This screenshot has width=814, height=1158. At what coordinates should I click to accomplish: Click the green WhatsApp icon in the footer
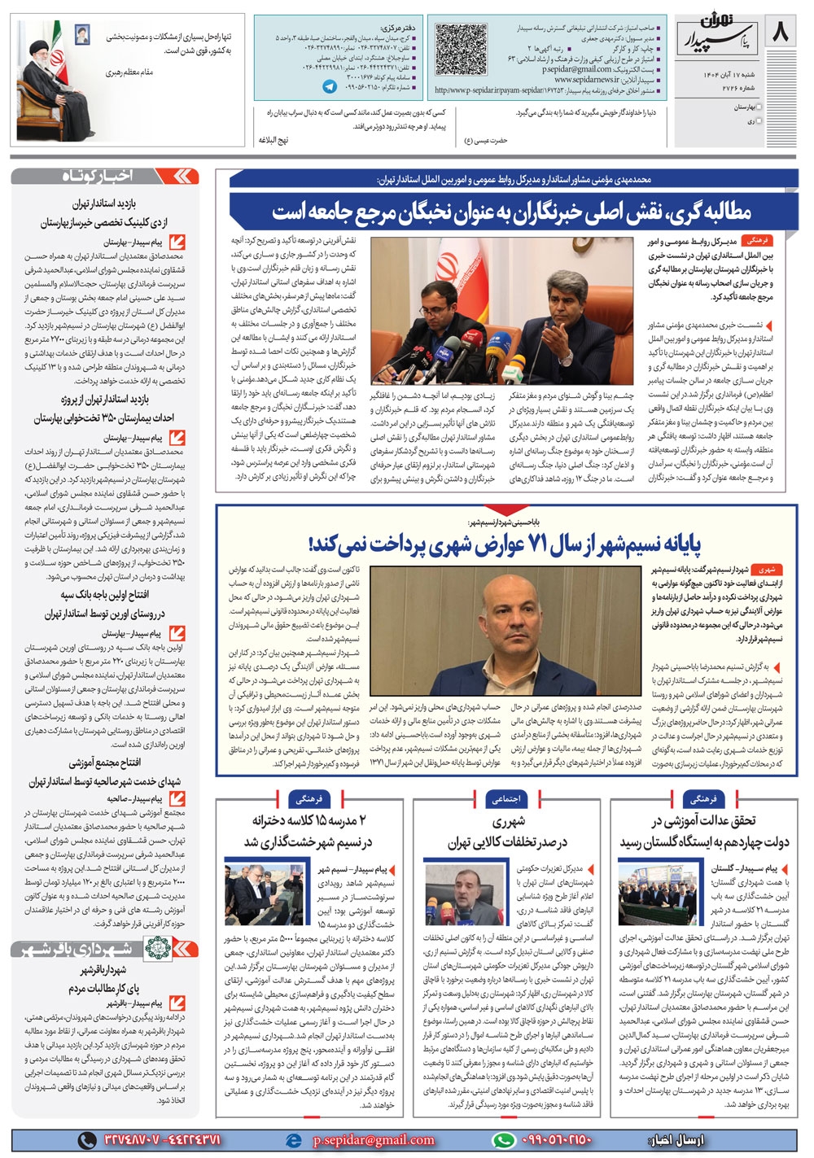505,1140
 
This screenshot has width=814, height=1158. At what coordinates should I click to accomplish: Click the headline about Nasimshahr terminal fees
505,543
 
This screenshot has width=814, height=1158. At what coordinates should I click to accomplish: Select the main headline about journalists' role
511,212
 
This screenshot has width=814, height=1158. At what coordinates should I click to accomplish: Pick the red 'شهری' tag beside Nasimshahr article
766,570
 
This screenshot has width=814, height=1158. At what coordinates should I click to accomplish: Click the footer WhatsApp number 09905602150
557,1140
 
